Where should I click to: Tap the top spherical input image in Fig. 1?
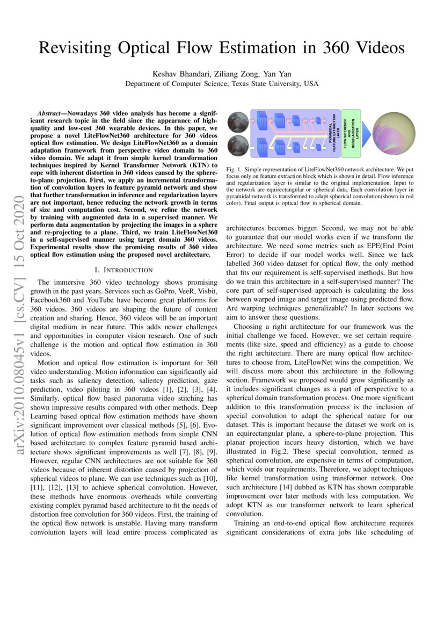click(x=237, y=122)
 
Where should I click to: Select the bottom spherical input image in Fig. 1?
click(x=237, y=147)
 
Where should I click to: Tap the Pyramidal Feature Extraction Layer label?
click(x=334, y=133)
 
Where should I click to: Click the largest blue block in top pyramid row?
click(x=263, y=121)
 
